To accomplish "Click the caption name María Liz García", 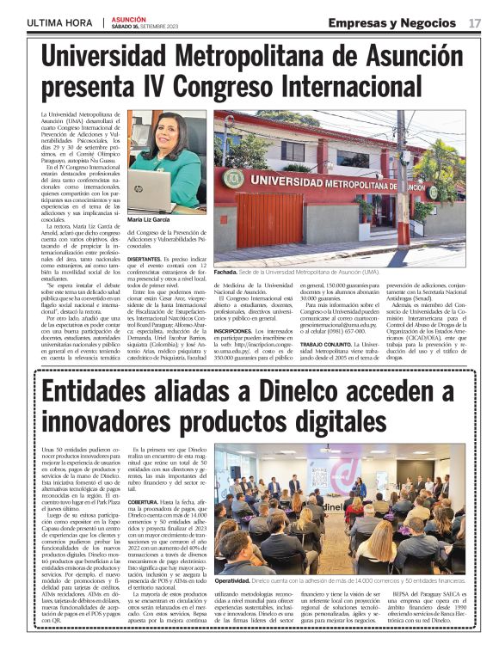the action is coord(148,220).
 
